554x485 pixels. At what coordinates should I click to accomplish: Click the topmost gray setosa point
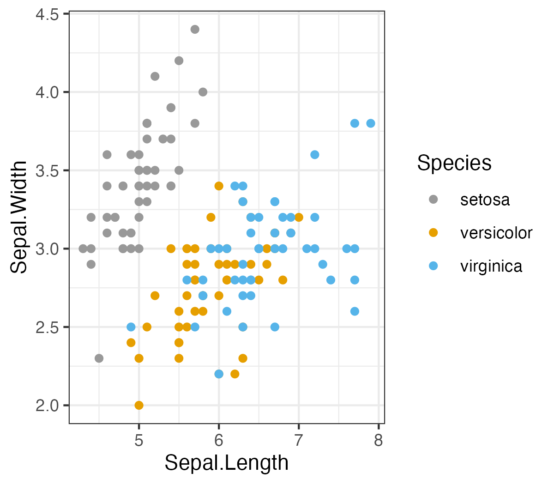195,30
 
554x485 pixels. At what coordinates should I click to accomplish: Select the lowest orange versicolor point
139,405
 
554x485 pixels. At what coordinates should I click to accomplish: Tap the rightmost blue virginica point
371,123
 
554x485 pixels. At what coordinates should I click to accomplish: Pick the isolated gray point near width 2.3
99,358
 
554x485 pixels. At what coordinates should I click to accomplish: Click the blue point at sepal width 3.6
315,155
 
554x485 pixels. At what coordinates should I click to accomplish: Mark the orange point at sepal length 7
299,217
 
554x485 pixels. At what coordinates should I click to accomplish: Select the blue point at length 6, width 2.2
219,374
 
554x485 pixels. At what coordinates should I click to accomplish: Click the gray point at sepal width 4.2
179,61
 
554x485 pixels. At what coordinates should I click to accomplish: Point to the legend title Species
454,163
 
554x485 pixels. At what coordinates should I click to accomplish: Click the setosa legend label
485,200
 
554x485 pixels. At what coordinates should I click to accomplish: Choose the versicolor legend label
496,233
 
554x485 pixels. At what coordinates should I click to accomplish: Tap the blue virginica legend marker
433,266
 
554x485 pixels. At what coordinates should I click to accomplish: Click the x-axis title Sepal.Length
227,463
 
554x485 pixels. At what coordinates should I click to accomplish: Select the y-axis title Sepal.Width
19,217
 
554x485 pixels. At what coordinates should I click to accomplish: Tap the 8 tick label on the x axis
379,440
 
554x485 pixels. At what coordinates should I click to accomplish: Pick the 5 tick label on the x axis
139,440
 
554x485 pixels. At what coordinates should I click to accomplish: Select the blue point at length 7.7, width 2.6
355,311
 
